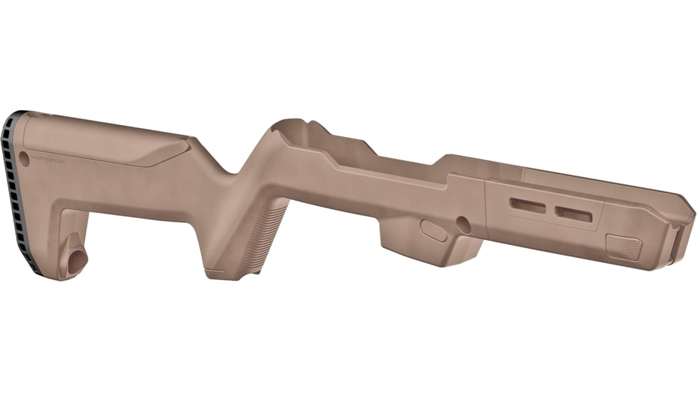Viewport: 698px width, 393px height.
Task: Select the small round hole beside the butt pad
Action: [x=24, y=156]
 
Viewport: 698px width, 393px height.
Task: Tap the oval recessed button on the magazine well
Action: [x=434, y=230]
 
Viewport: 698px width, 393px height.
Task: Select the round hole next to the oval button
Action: [x=464, y=225]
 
